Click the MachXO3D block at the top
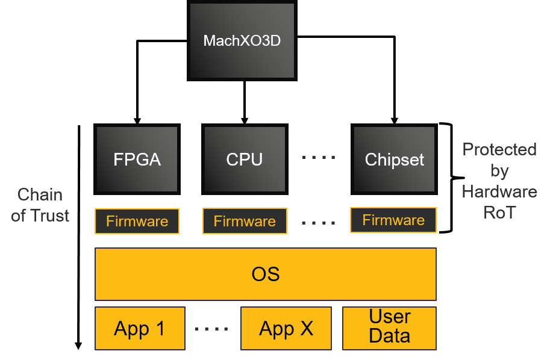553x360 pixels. pyautogui.click(x=242, y=41)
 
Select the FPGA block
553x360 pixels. pyautogui.click(x=137, y=160)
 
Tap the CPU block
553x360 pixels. pyautogui.click(x=245, y=160)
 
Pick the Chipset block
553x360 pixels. pyautogui.click(x=394, y=160)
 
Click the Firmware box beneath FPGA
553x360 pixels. pyautogui.click(x=137, y=222)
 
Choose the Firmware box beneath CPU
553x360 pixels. pyautogui.click(x=245, y=222)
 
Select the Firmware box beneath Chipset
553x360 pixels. pyautogui.click(x=393, y=220)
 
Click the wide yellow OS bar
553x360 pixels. pyautogui.click(x=265, y=274)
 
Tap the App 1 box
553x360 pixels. pyautogui.click(x=140, y=329)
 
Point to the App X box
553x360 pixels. pyautogui.click(x=286, y=329)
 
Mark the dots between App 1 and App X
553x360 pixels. pyautogui.click(x=212, y=329)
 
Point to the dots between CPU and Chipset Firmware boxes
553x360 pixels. pyautogui.click(x=318, y=223)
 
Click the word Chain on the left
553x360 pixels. pyautogui.click(x=40, y=194)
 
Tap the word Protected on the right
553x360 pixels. pyautogui.click(x=499, y=149)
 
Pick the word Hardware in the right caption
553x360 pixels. pyautogui.click(x=499, y=191)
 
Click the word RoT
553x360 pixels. pyautogui.click(x=499, y=213)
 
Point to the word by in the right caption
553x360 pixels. pyautogui.click(x=499, y=171)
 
